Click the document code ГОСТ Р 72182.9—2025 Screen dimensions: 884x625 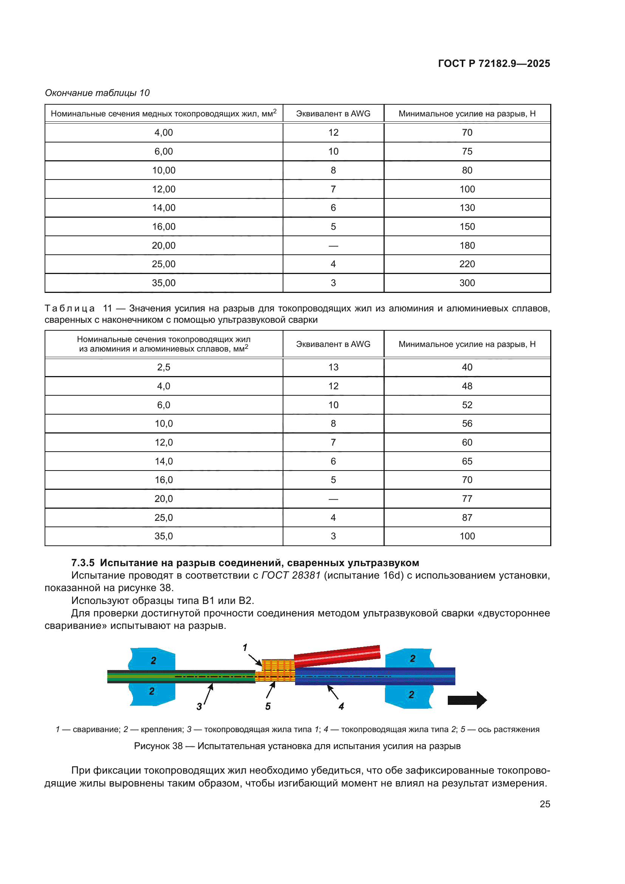[494, 63]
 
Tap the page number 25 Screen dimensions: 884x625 [545, 804]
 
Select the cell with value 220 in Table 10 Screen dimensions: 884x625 [467, 264]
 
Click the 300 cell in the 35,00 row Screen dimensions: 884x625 [467, 283]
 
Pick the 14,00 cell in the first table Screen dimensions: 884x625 [164, 208]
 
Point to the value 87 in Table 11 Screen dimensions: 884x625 [467, 517]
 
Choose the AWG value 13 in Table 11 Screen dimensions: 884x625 [333, 367]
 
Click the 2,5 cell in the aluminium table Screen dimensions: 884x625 [164, 367]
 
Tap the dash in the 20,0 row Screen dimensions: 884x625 [333, 499]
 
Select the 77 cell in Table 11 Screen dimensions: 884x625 [467, 499]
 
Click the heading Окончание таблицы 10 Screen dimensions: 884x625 [97, 93]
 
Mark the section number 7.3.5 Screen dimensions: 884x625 [83, 563]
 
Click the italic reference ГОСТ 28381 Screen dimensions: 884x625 [291, 576]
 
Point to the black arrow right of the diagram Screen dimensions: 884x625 [467, 700]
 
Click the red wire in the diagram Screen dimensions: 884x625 [337, 656]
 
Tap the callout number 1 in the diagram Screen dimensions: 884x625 [245, 648]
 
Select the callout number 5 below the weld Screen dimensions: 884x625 [268, 706]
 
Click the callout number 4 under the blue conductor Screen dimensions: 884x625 [341, 706]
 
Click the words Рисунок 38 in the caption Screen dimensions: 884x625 [158, 746]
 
